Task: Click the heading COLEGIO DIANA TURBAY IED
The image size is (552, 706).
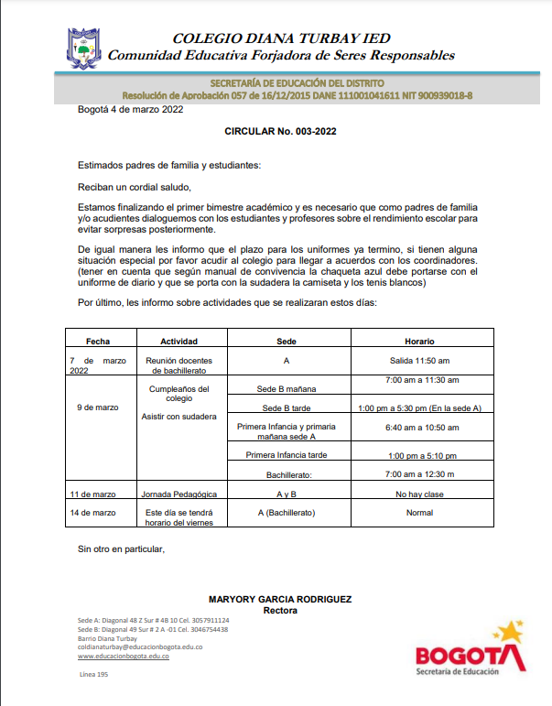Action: [x=281, y=38]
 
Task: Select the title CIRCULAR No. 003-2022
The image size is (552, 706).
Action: [x=281, y=132]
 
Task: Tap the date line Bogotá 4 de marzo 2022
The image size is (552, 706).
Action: [x=130, y=110]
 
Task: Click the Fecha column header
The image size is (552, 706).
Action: [x=98, y=341]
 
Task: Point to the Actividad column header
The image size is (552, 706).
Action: [x=179, y=341]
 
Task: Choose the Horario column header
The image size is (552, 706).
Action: [x=419, y=341]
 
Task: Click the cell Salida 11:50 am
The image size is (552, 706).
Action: [x=419, y=361]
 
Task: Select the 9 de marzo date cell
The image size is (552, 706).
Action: [x=98, y=407]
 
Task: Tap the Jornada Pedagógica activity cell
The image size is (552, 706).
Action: [x=179, y=494]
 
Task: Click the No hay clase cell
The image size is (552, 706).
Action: [x=419, y=494]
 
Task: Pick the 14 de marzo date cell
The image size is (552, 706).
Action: [x=92, y=512]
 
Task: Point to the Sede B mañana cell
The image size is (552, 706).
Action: [x=287, y=389]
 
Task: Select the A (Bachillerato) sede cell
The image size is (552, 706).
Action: [x=287, y=512]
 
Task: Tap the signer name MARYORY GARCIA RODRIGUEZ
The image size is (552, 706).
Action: [x=280, y=599]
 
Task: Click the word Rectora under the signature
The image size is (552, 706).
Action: [x=280, y=610]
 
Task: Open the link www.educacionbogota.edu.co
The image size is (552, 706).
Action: [x=123, y=657]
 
